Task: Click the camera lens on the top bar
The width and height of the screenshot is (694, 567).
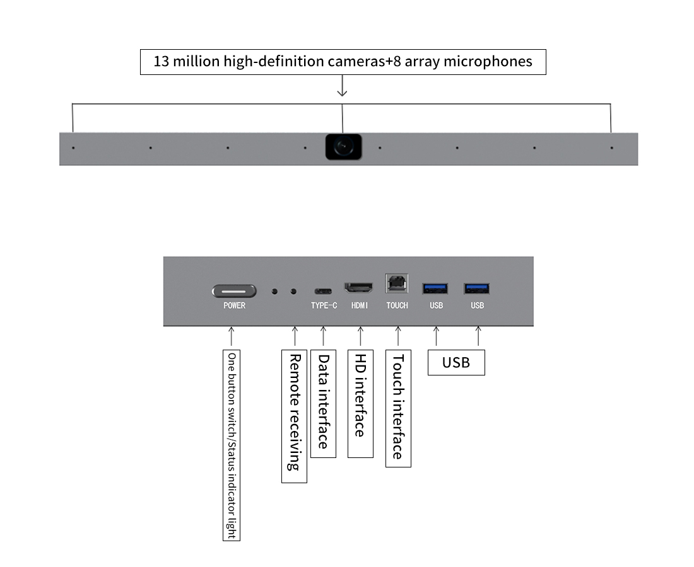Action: (x=343, y=147)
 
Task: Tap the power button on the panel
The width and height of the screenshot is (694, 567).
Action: (x=234, y=291)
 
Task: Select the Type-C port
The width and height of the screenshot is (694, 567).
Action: (x=323, y=291)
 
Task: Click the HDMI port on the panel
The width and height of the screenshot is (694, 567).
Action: (x=359, y=288)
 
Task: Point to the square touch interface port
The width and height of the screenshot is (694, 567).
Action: (x=397, y=283)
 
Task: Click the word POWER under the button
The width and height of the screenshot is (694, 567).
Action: (x=234, y=306)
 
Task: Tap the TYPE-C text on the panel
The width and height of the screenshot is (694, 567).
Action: (x=324, y=306)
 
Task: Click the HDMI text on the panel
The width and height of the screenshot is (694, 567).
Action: (x=360, y=306)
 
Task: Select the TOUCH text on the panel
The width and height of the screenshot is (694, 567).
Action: (x=397, y=306)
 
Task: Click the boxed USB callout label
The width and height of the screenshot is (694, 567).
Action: (x=456, y=362)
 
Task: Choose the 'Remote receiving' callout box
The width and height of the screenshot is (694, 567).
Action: (x=295, y=416)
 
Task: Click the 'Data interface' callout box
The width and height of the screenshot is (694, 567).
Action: (x=324, y=403)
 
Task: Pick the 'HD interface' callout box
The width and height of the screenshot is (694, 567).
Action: (x=361, y=403)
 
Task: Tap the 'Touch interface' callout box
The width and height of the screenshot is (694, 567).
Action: (x=398, y=408)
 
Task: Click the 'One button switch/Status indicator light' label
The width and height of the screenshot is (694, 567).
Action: (x=232, y=445)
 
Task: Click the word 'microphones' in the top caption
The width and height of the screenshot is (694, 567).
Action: (x=488, y=61)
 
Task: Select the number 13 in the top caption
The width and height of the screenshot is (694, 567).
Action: (x=162, y=61)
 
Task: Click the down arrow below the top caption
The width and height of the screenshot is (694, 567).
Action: (x=342, y=86)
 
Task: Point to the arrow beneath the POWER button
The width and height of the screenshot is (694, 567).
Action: (x=231, y=336)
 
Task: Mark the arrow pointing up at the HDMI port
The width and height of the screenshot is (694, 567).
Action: (x=360, y=336)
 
